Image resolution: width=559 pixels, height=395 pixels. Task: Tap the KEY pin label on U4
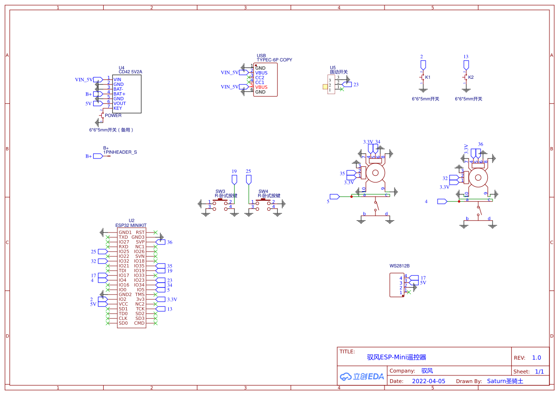[118, 108]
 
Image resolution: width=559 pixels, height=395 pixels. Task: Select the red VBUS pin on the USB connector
[261, 87]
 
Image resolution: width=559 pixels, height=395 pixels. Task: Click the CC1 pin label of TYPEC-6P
[260, 82]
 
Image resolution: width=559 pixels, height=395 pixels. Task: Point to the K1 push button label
[427, 77]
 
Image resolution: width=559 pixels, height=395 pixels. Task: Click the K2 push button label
[471, 77]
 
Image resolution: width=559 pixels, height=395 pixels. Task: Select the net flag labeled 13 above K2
[466, 57]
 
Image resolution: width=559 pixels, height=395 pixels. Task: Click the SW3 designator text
[220, 191]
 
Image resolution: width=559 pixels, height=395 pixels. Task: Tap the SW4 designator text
[263, 191]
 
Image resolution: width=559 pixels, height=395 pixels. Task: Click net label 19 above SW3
[234, 171]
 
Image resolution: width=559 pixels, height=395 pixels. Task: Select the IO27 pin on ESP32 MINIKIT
[124, 242]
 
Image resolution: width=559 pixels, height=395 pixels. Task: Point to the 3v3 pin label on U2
[140, 299]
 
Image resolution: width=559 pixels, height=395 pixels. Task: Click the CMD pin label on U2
[139, 323]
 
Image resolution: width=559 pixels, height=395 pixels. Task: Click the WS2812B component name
[399, 266]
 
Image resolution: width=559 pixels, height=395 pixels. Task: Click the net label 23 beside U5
[356, 85]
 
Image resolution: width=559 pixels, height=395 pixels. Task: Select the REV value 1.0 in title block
[537, 358]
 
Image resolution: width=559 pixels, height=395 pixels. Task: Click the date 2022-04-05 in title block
[428, 381]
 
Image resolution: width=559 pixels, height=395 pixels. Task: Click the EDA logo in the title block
[362, 376]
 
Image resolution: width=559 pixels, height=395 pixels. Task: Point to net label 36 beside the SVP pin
[170, 242]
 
